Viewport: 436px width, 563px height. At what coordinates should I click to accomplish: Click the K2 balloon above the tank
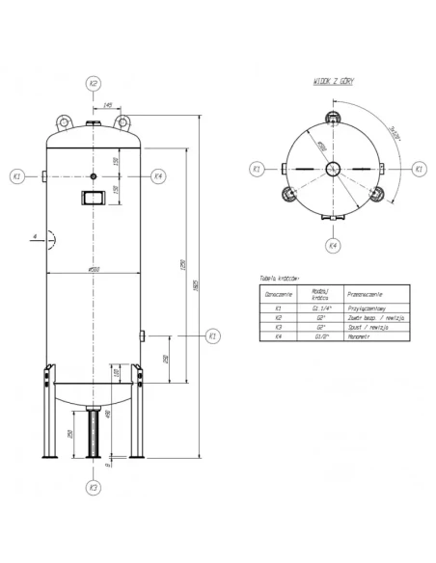coord(94,83)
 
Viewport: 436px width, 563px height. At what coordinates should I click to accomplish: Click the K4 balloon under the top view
coord(332,246)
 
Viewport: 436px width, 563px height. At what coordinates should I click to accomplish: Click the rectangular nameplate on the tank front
coord(94,200)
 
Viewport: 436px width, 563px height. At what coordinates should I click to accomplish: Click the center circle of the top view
coord(332,169)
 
